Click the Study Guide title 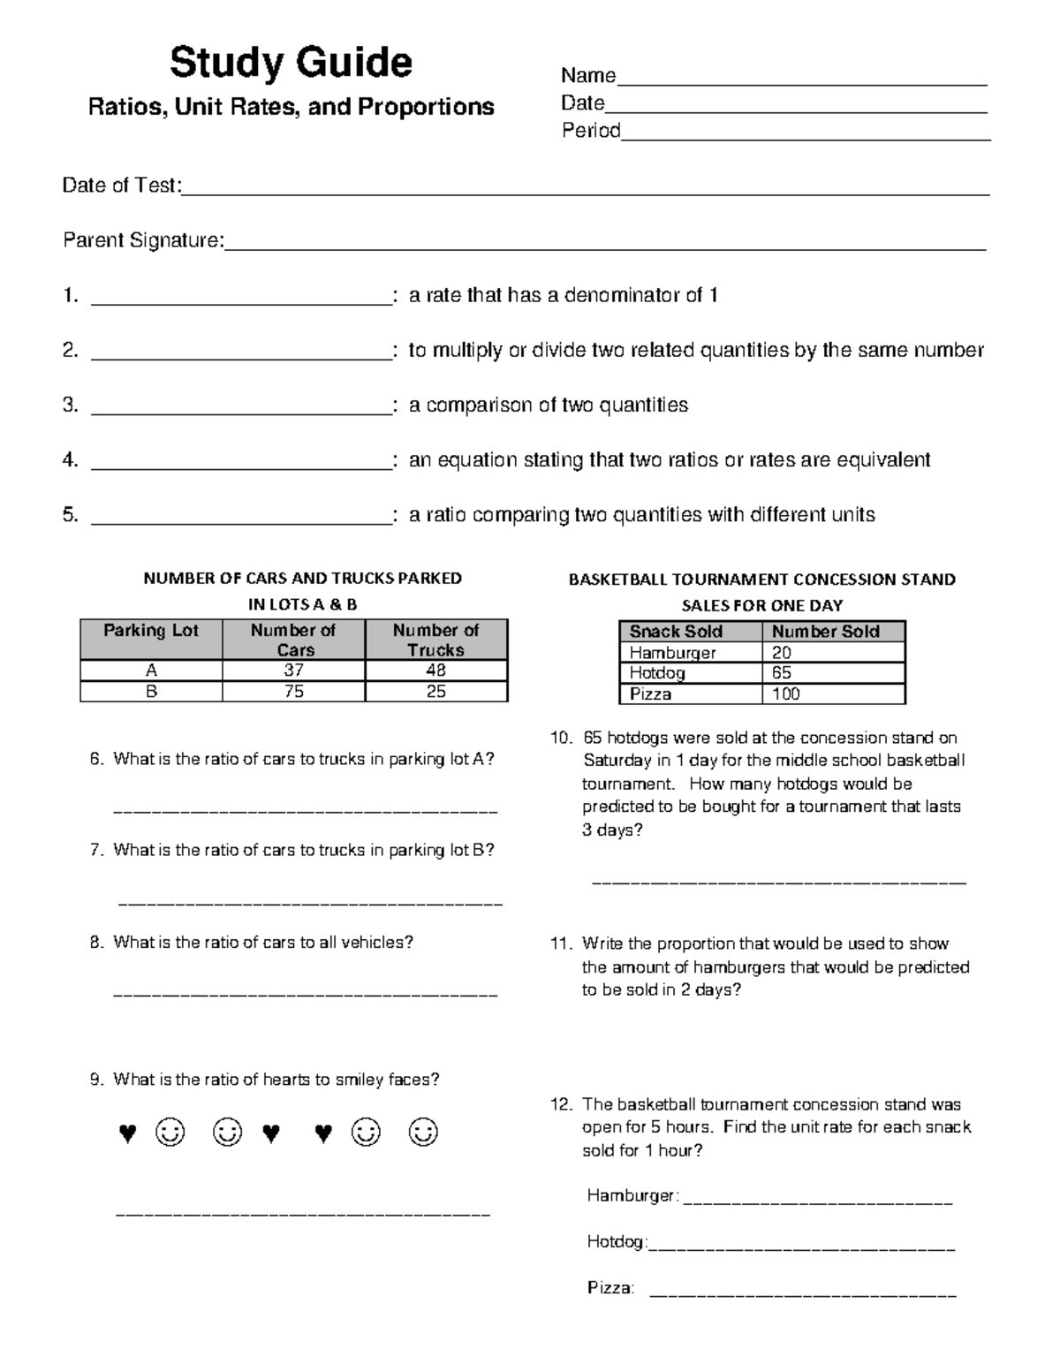[x=291, y=64]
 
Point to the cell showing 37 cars [x=293, y=671]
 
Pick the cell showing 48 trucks [x=435, y=671]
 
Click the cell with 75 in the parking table [x=293, y=692]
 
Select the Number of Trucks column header [x=435, y=640]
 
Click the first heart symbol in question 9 [x=128, y=1133]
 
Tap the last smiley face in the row [x=423, y=1133]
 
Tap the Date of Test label [x=121, y=186]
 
